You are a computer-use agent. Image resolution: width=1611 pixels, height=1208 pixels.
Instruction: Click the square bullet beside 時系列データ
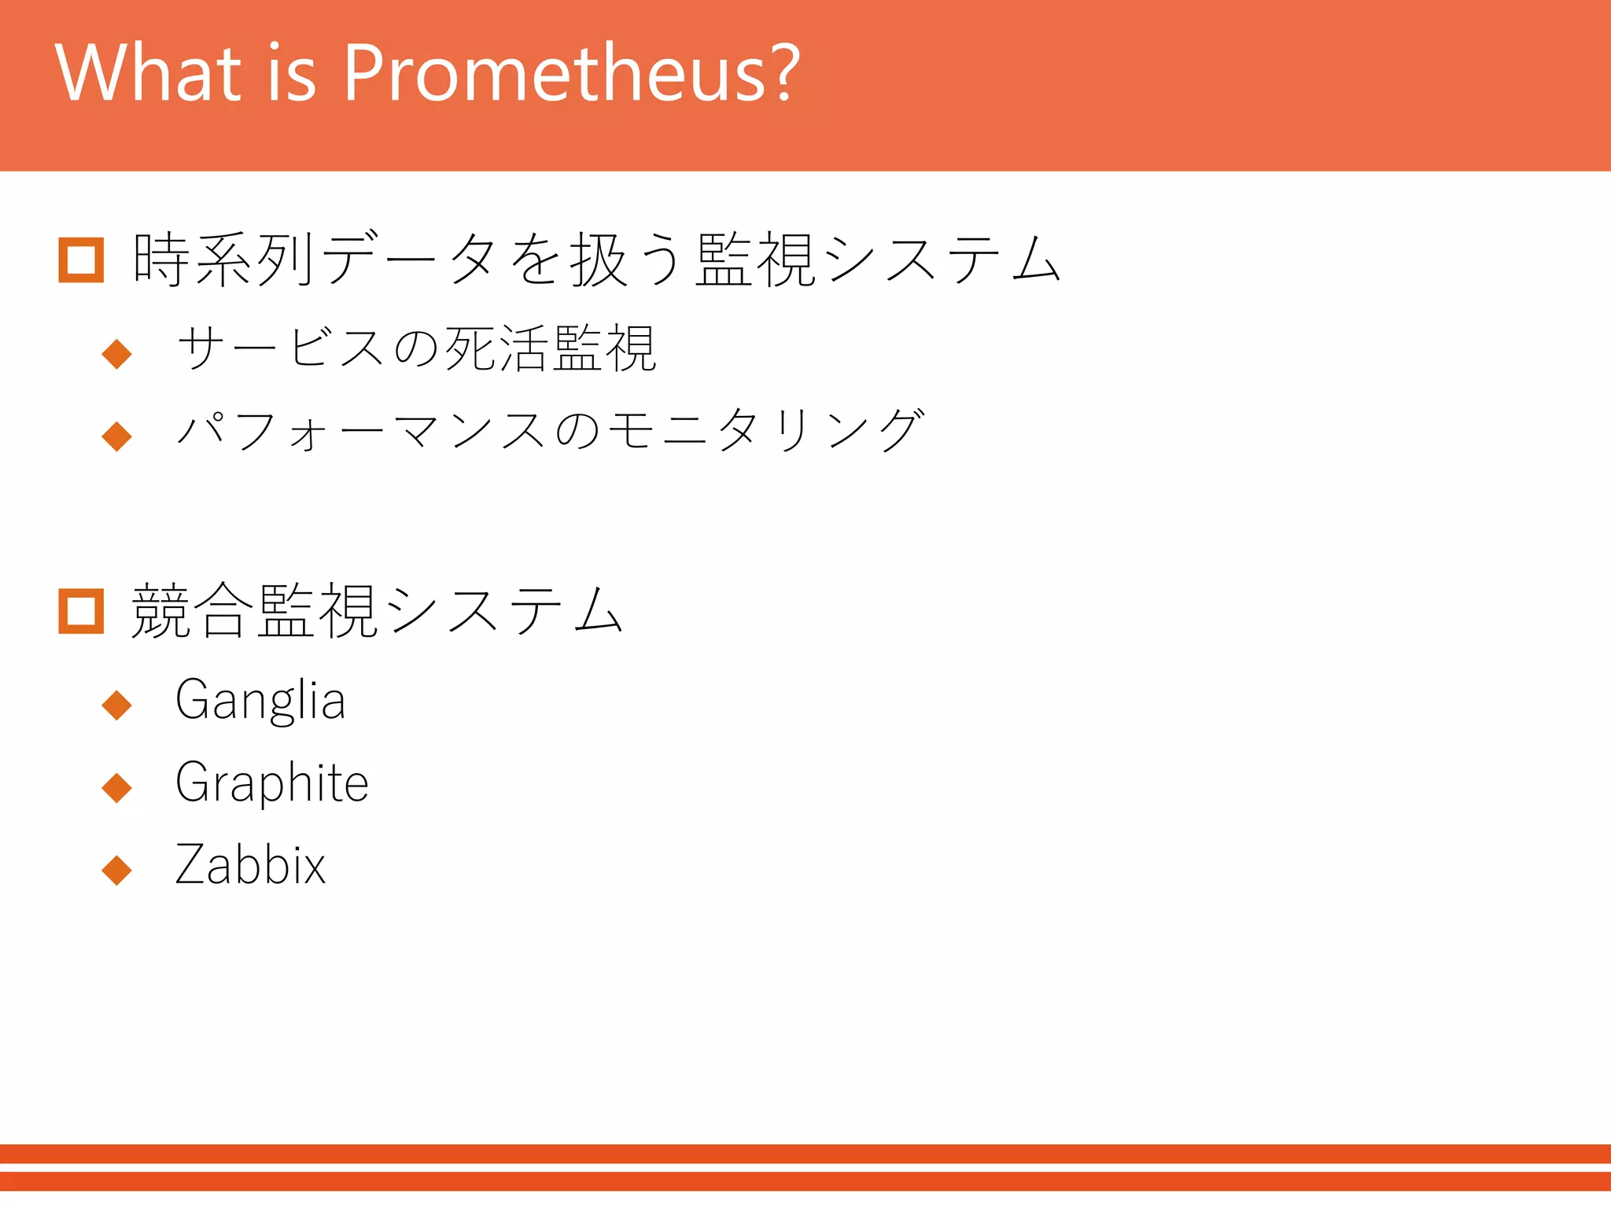point(81,260)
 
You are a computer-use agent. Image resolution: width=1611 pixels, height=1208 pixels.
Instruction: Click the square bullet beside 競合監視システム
point(81,610)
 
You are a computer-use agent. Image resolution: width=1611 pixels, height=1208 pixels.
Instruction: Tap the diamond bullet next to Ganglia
point(117,705)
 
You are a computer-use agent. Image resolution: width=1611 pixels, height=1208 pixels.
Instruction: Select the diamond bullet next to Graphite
point(117,787)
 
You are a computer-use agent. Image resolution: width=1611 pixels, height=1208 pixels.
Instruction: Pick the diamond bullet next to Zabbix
point(117,870)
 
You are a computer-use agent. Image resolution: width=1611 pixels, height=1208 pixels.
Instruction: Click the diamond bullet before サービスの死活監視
point(117,353)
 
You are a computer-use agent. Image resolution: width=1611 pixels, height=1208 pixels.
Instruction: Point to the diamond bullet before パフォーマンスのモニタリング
point(117,436)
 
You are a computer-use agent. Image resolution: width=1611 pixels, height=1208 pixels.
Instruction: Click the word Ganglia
point(260,700)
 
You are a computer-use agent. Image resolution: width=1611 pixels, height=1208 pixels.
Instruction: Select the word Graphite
point(272,783)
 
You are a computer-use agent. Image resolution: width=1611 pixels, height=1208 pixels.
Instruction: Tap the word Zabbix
point(250,865)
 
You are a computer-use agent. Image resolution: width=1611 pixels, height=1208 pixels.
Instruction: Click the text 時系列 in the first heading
point(224,260)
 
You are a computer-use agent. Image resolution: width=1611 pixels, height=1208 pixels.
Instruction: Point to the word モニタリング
point(767,431)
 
